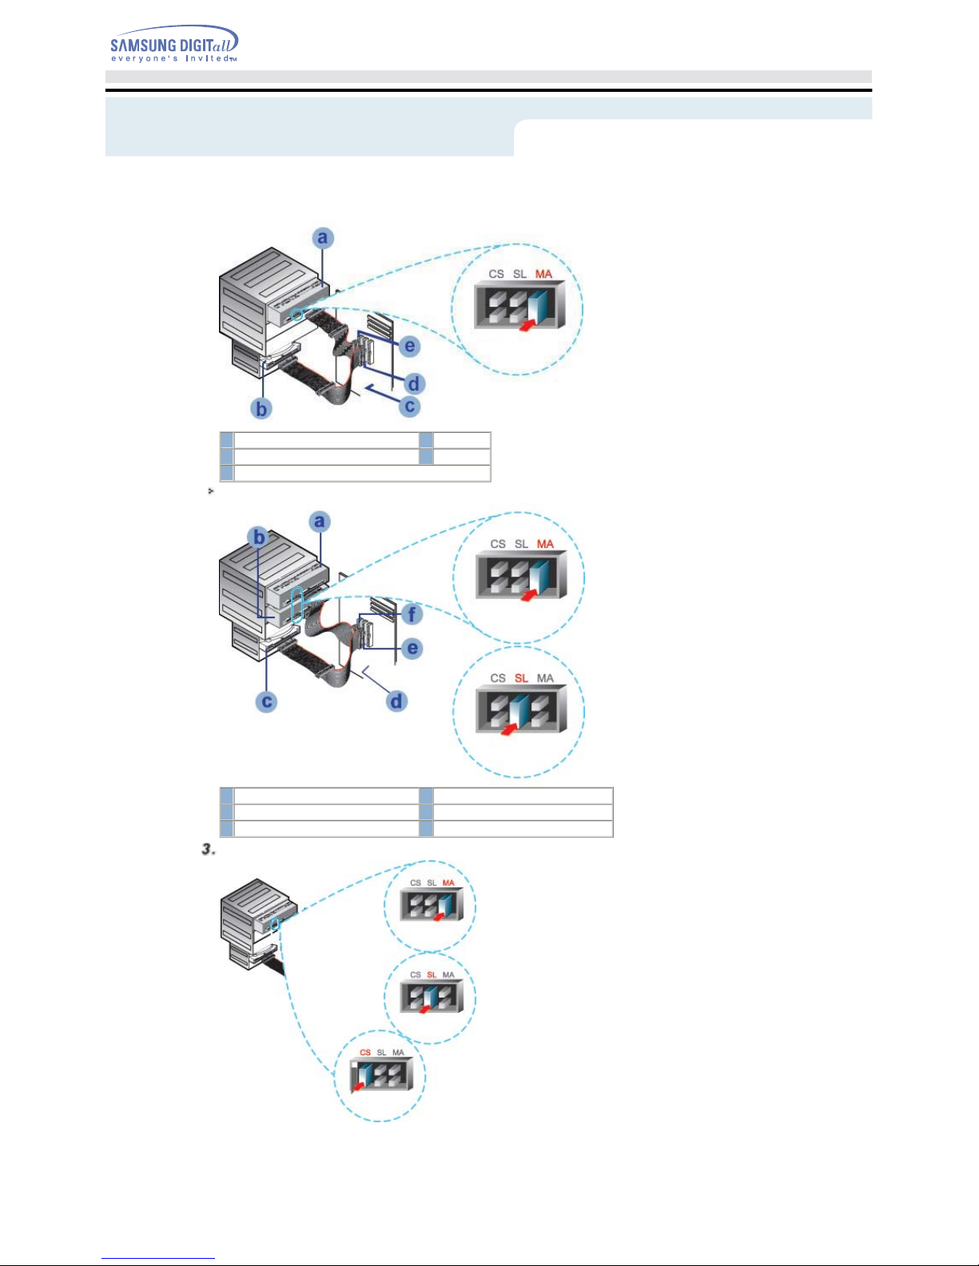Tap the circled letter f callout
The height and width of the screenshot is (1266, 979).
click(x=412, y=614)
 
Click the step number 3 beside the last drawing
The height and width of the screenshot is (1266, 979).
click(x=209, y=850)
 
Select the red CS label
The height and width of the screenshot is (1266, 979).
click(x=365, y=1052)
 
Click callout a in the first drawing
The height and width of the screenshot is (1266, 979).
click(x=322, y=237)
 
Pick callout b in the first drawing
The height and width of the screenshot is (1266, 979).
click(x=261, y=408)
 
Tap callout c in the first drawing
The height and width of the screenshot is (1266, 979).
click(x=410, y=406)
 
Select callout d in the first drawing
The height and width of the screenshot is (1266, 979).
click(x=414, y=383)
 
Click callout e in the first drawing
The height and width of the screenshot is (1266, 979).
click(x=409, y=346)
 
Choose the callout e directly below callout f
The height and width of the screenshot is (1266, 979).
click(x=412, y=648)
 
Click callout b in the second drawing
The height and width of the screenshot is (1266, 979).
click(x=259, y=537)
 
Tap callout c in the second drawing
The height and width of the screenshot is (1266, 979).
click(x=266, y=702)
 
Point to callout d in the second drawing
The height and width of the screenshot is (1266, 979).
click(x=396, y=701)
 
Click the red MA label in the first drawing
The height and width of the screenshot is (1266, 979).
click(x=543, y=274)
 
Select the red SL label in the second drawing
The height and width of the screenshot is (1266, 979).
click(x=521, y=678)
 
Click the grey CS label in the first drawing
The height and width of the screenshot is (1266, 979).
click(x=496, y=274)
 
